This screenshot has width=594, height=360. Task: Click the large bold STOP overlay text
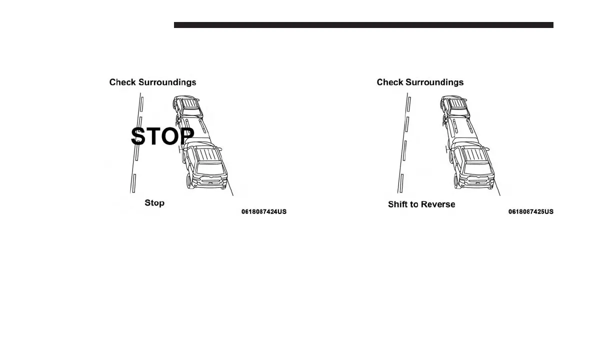click(x=162, y=136)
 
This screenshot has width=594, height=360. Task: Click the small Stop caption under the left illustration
click(x=154, y=203)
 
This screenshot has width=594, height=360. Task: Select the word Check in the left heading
click(x=122, y=82)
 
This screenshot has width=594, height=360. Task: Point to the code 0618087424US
click(x=264, y=212)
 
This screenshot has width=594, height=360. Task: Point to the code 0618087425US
click(x=531, y=212)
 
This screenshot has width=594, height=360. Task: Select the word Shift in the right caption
click(x=398, y=204)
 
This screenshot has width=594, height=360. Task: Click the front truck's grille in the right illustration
click(x=477, y=180)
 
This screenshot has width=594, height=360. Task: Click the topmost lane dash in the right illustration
click(x=409, y=102)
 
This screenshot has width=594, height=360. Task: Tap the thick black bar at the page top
click(x=363, y=25)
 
